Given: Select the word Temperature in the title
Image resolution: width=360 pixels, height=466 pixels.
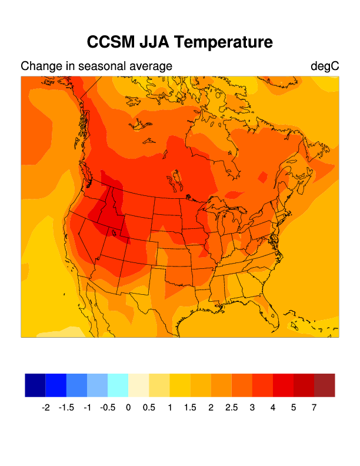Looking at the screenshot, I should coord(224,43).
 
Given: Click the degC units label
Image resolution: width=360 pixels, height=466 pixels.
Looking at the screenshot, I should coord(325,66).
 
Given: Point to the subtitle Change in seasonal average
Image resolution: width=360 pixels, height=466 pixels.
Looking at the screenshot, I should coord(96,66).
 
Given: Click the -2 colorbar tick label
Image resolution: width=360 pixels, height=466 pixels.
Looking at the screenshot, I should coord(46,408).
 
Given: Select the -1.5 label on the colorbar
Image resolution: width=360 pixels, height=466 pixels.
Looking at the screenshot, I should coord(66,408).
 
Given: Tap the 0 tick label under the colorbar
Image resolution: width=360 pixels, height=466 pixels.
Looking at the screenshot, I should coord(128,408).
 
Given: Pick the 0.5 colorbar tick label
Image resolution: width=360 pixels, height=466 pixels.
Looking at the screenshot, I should coord(149,408).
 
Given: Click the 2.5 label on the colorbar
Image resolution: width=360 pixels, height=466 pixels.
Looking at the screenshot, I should coord(232,408).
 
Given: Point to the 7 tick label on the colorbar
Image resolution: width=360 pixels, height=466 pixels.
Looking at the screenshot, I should coord(314,408).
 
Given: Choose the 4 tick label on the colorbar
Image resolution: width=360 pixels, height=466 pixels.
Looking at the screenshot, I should coord(273,408).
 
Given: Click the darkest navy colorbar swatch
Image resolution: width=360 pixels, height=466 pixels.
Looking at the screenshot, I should coord(35,385).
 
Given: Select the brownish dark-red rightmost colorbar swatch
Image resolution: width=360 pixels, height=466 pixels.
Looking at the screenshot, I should coord(324,385).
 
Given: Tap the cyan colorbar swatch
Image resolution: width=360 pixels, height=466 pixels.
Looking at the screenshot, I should coord(118,385).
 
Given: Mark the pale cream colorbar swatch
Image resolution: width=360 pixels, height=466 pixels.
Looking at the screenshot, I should coord(138,385).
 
